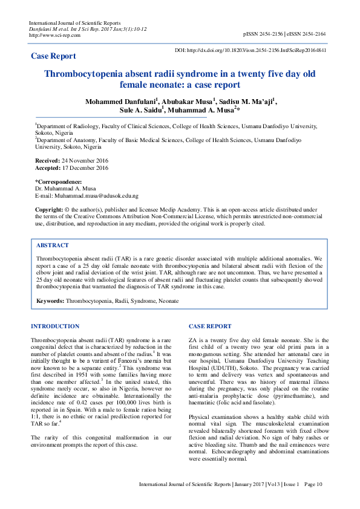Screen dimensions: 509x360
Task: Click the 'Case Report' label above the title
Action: click(54, 56)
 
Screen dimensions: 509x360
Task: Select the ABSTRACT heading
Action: click(53, 246)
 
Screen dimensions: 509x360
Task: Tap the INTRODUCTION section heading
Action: click(55, 326)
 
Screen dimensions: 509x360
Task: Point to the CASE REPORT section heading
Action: click(210, 326)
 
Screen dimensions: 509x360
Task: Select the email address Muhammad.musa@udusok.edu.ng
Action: click(96, 196)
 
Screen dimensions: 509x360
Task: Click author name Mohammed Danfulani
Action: click(119, 102)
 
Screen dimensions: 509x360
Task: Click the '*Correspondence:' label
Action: click(58, 181)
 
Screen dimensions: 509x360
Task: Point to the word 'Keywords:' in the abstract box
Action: click(50, 300)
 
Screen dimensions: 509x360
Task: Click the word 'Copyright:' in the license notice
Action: click(48, 209)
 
